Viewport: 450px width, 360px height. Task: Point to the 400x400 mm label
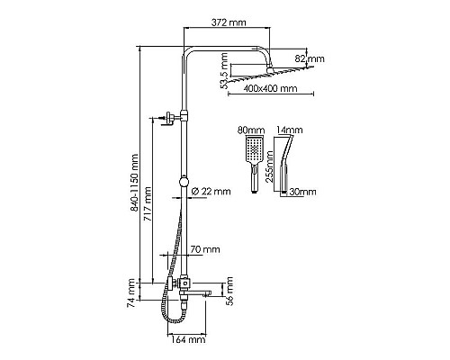(x=270, y=89)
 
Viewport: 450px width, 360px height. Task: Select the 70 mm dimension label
(x=204, y=248)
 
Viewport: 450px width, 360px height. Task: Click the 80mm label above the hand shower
(x=250, y=130)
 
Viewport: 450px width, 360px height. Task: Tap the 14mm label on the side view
(x=288, y=130)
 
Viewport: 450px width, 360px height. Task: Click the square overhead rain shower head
(x=270, y=75)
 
